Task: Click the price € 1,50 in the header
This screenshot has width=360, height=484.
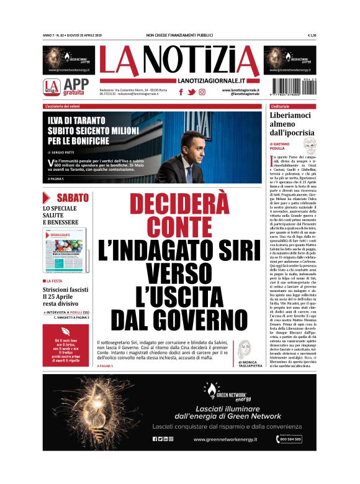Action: tap(312, 35)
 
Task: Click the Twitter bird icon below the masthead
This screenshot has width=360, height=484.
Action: tap(191, 92)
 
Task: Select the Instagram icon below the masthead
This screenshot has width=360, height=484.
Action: tap(202, 92)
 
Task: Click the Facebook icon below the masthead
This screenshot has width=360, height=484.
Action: tap(181, 92)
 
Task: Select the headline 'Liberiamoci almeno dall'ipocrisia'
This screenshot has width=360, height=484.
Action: tap(292, 124)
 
